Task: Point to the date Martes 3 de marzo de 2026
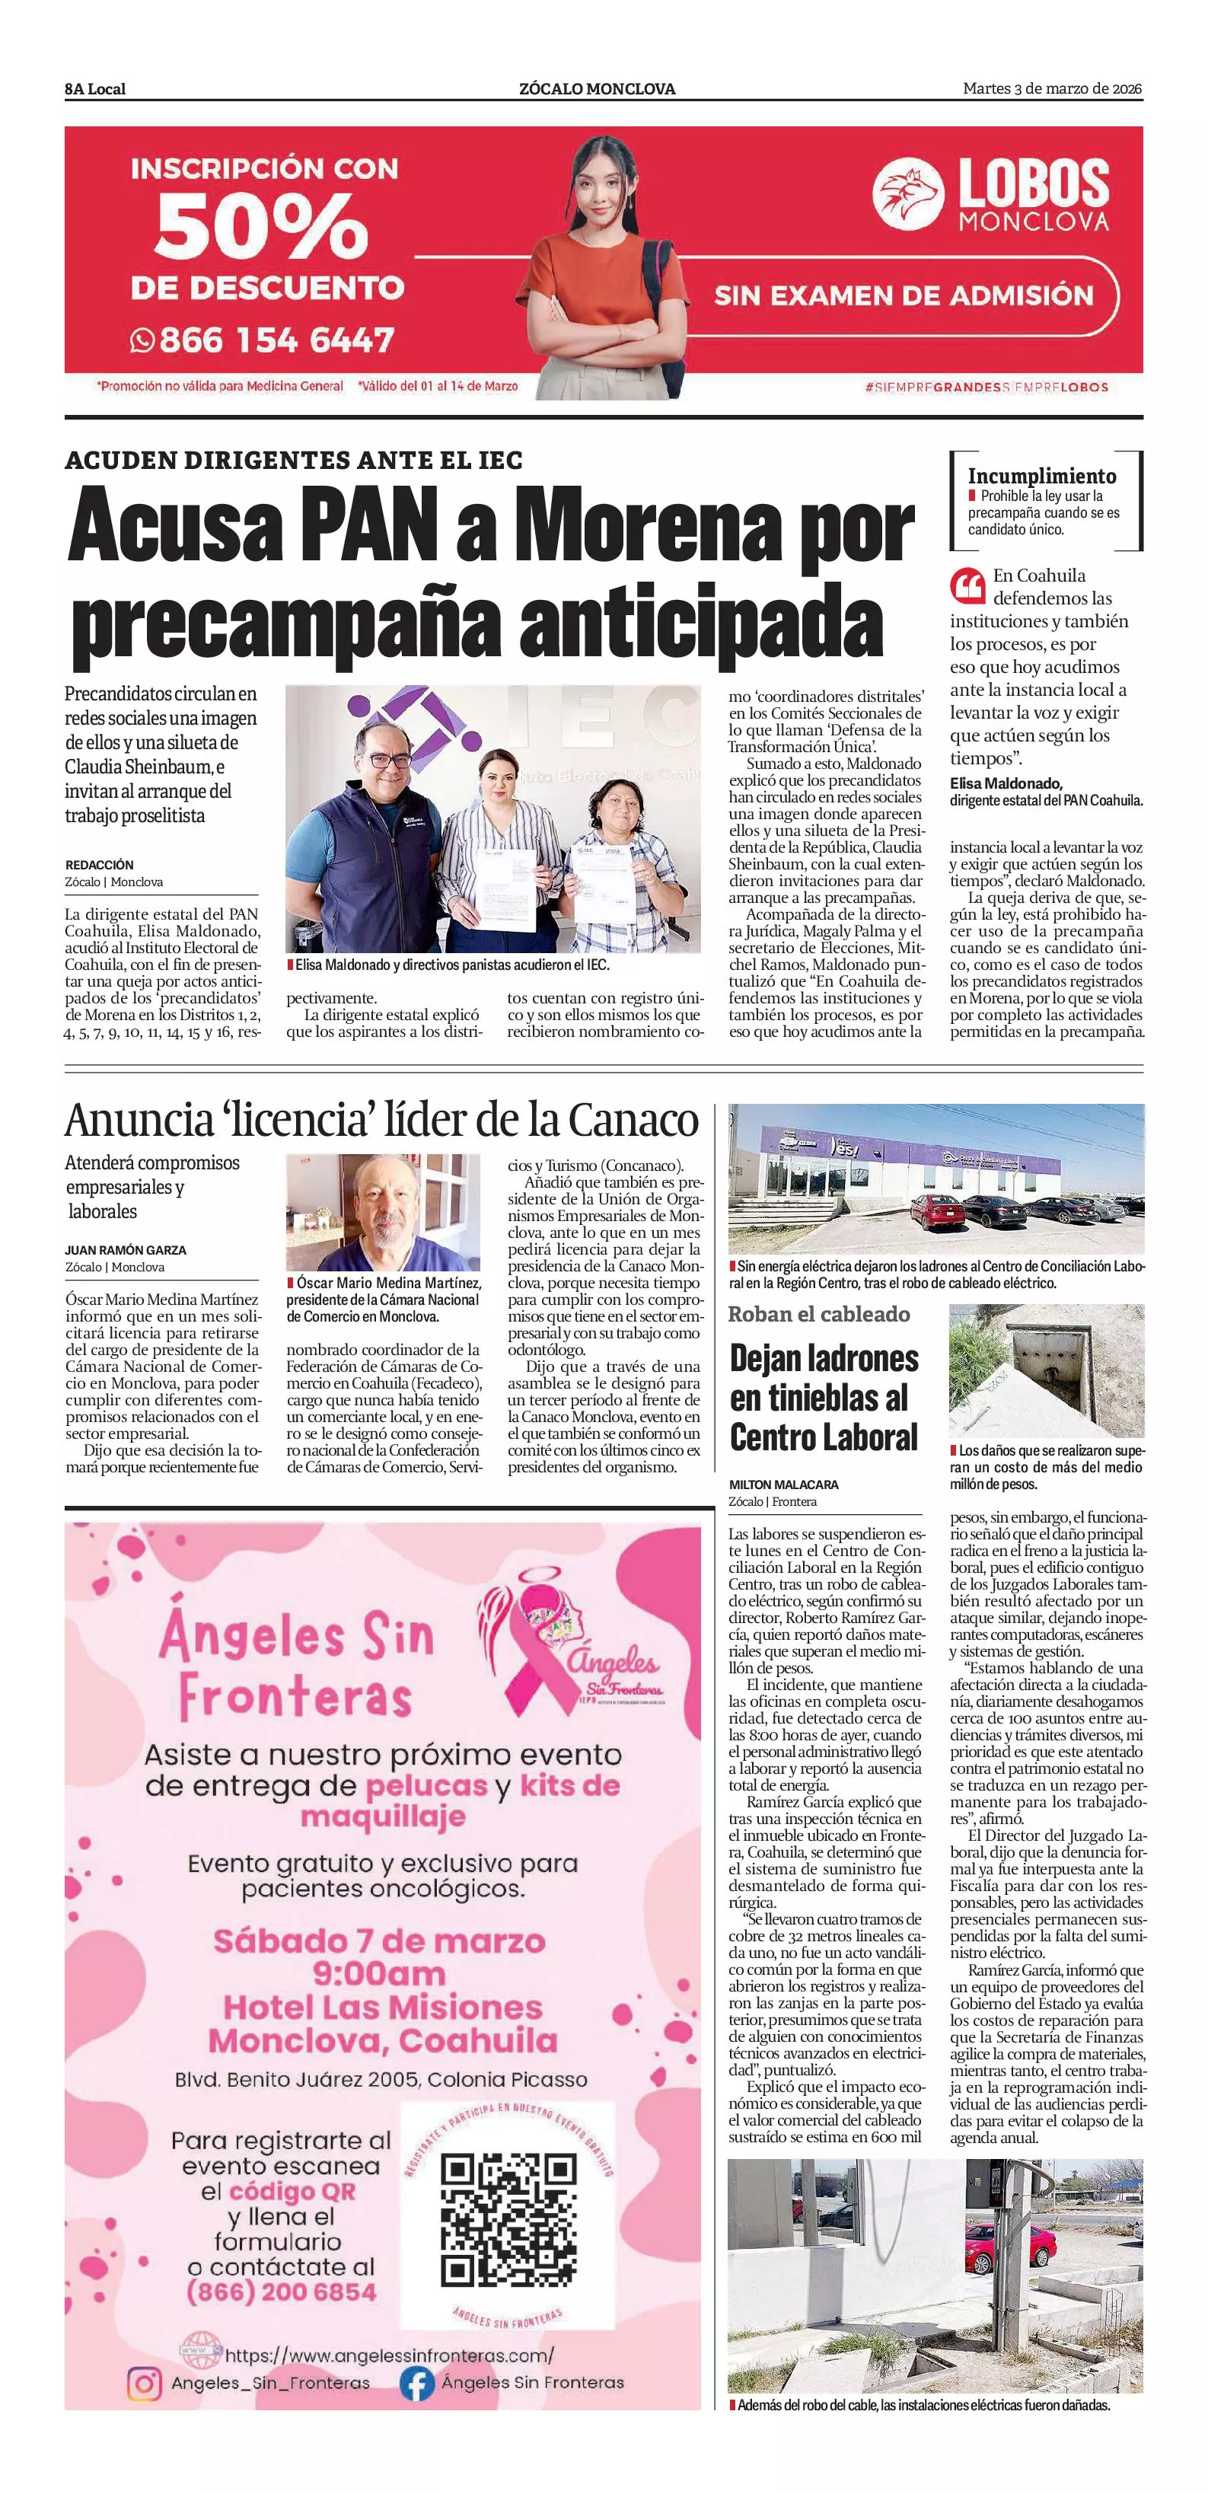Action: [1052, 89]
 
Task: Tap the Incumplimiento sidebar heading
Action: [1041, 475]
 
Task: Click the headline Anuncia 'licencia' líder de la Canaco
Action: [381, 1120]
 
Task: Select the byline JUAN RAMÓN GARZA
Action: [126, 1250]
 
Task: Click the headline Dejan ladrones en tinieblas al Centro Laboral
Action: [824, 1397]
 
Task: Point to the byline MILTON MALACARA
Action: [784, 1485]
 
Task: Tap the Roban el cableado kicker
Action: [819, 1314]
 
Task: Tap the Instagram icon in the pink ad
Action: [144, 2383]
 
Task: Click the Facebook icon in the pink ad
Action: [417, 2383]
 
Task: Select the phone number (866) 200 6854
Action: [281, 2291]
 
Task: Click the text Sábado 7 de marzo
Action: [379, 1941]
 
